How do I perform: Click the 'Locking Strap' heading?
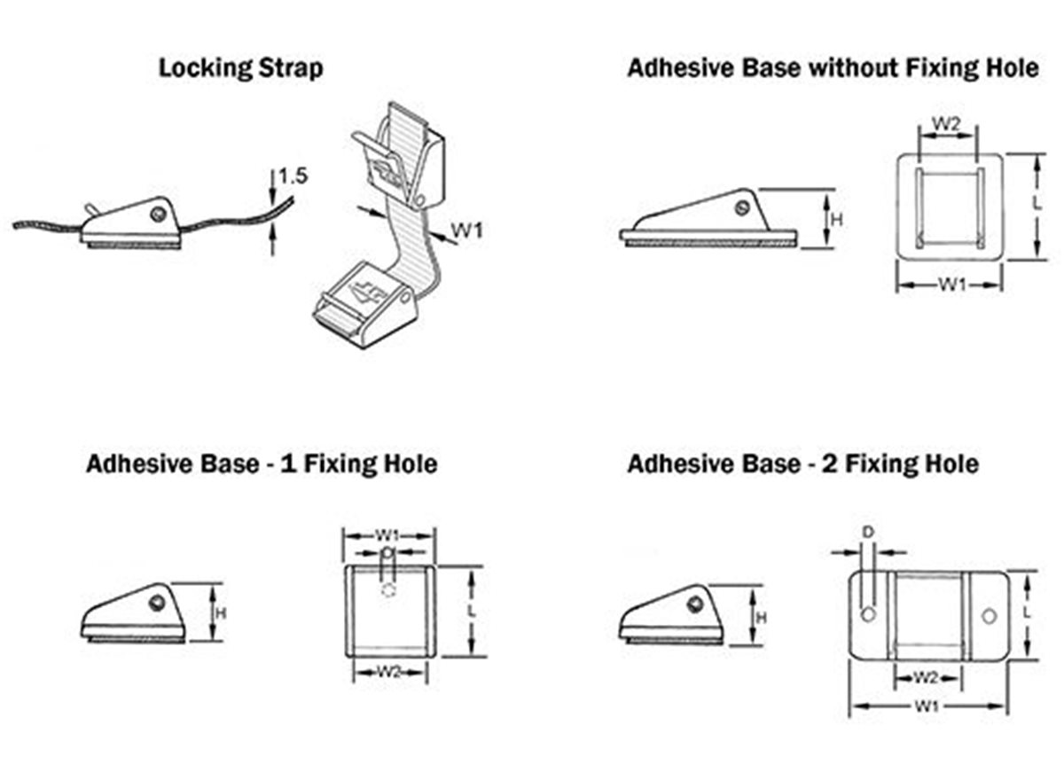[240, 68]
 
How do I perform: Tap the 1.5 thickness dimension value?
[292, 176]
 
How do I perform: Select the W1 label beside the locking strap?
[467, 231]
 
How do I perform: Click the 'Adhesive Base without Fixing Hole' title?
[833, 68]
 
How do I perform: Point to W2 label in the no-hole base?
[948, 124]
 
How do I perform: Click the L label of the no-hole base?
[1037, 203]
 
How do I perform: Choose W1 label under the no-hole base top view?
[952, 285]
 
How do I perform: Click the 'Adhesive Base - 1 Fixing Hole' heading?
[262, 464]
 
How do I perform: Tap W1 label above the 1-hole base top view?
[387, 534]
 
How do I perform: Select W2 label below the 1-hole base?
[387, 673]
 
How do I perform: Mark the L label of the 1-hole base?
[472, 612]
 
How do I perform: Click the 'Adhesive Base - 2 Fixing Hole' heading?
[802, 464]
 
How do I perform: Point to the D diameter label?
[868, 532]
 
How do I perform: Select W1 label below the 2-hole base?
[927, 706]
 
